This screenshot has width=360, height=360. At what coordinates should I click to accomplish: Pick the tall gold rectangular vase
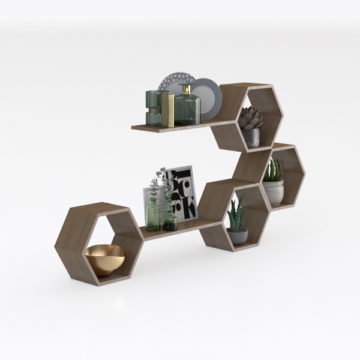pyautogui.click(x=169, y=110)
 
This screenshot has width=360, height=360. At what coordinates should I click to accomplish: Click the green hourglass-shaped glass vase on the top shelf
pyautogui.click(x=153, y=107)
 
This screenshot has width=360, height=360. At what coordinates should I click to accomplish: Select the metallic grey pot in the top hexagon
pyautogui.click(x=251, y=137)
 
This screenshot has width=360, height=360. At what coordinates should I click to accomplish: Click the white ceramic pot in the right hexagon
pyautogui.click(x=273, y=191)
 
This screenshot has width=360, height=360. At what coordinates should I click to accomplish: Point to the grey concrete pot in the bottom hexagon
pyautogui.click(x=237, y=236)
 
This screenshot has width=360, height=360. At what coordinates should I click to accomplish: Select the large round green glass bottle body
pyautogui.click(x=187, y=110)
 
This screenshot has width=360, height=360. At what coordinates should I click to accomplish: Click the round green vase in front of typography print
pyautogui.click(x=170, y=221)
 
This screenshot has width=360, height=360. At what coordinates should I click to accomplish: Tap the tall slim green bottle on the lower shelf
pyautogui.click(x=154, y=213)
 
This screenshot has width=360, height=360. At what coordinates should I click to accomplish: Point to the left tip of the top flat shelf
pyautogui.click(x=133, y=126)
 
